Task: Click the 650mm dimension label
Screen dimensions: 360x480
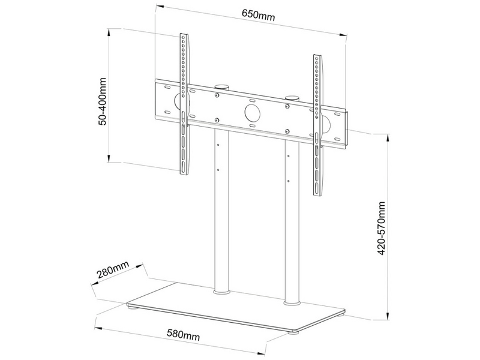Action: [x=259, y=15]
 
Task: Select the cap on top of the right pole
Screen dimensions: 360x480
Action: [x=293, y=97]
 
